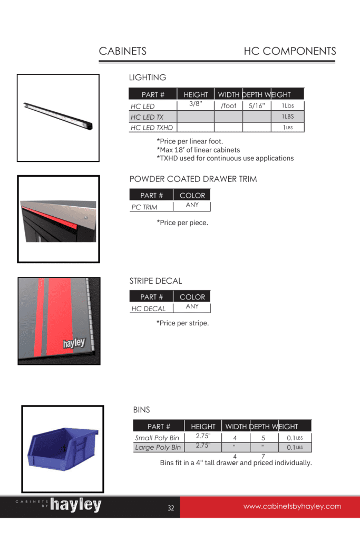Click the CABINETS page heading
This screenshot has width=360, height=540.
click(122, 51)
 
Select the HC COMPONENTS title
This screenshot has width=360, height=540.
click(289, 51)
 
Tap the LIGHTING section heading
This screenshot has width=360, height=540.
click(148, 78)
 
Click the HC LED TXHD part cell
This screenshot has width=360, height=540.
click(152, 128)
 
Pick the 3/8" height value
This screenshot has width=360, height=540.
click(196, 104)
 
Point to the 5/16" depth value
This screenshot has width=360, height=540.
click(257, 106)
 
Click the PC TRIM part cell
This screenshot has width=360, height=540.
click(144, 207)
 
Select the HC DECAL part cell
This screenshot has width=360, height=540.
click(149, 308)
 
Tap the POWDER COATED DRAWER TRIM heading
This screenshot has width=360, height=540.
click(193, 179)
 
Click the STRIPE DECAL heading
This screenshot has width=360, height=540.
click(155, 281)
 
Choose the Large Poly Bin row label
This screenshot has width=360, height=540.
click(158, 448)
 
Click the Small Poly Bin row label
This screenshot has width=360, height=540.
click(157, 438)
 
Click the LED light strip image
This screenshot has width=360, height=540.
click(58, 117)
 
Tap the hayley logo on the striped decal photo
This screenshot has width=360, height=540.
click(74, 344)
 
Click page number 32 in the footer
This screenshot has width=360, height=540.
click(171, 508)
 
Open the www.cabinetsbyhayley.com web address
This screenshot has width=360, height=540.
click(292, 507)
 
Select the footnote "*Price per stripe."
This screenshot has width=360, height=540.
click(182, 323)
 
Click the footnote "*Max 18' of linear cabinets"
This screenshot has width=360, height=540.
click(198, 150)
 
